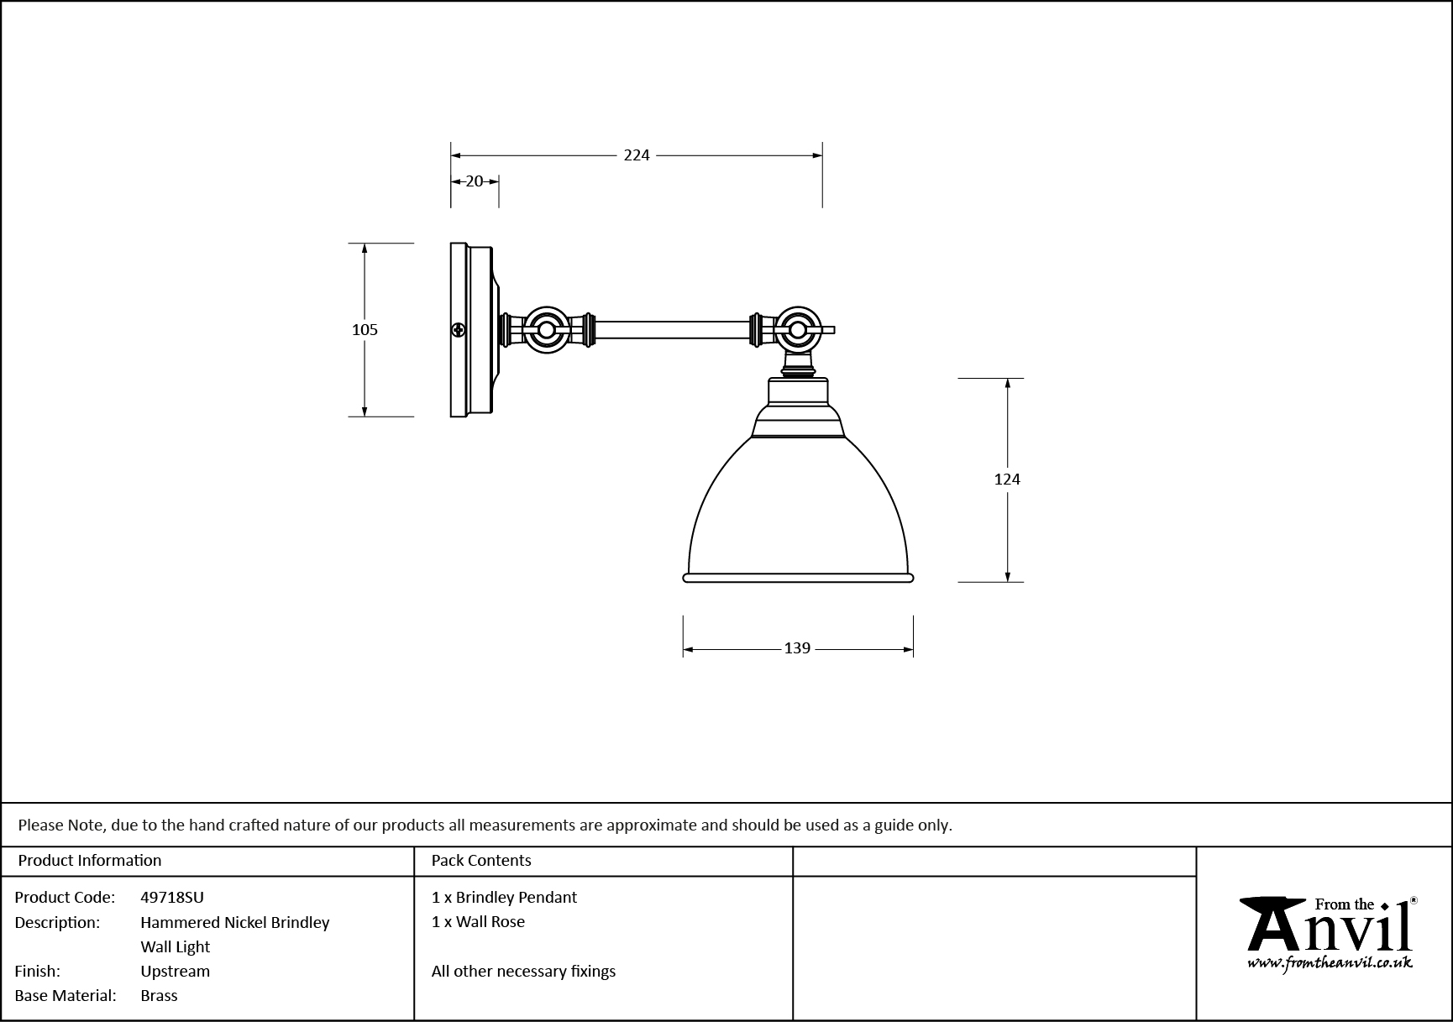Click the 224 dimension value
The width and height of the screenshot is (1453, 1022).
[637, 155]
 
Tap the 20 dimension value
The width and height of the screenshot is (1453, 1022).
[475, 181]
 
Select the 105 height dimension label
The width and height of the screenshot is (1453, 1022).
[365, 330]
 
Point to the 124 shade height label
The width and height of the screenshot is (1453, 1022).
[1007, 480]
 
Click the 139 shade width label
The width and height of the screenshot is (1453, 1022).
[797, 648]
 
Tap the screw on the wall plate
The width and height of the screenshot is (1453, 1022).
[459, 330]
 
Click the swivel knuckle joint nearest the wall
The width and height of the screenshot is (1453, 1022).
[547, 330]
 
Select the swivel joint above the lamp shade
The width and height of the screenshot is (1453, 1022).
[796, 330]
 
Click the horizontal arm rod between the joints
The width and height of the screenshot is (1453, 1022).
[672, 330]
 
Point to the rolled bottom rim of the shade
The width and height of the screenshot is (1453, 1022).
[797, 578]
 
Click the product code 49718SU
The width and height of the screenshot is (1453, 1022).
[172, 897]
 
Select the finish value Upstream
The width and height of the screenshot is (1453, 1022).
[176, 971]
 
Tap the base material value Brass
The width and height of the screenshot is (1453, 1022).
[160, 995]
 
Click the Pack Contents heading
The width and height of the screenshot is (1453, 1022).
[481, 860]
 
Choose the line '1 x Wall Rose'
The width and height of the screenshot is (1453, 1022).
[478, 921]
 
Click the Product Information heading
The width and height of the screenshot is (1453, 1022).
[90, 860]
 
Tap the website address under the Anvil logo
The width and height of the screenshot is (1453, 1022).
[1330, 963]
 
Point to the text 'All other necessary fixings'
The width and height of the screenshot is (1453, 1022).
[523, 971]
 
